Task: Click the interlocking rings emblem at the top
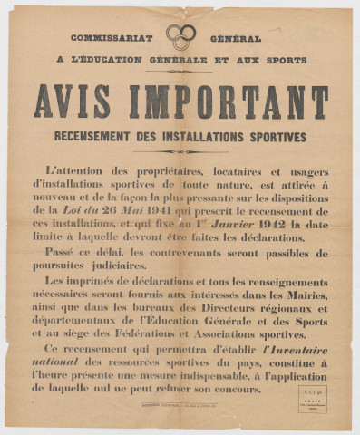pos(180,36)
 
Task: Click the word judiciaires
pos(109,267)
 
